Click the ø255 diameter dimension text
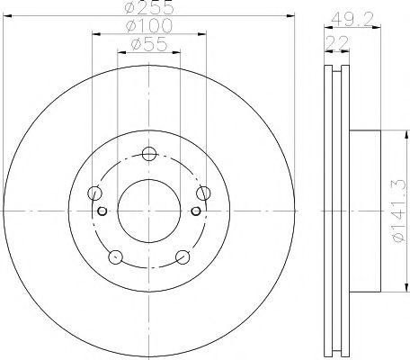point(150,9)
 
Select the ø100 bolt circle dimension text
point(150,26)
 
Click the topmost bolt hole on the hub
point(150,152)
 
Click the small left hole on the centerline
point(102,212)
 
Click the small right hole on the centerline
point(198,212)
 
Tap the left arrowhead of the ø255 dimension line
point(8,14)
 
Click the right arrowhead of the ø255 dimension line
point(290,14)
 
